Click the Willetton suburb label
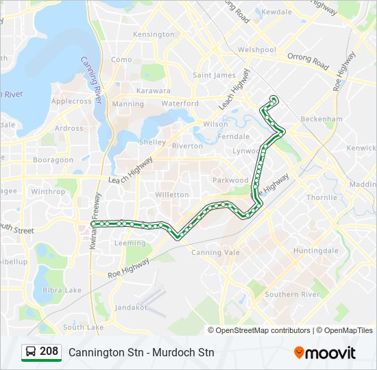pos(172,195)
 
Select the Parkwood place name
pos(231,180)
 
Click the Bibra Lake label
pos(62,291)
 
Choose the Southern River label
pos(293,295)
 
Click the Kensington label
pos(154,34)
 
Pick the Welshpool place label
pos(256,50)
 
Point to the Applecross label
pos(71,101)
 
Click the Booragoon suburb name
pos(53,160)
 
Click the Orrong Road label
pos(308,62)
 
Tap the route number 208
pos(49,351)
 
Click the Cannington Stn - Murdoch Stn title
pos(141,352)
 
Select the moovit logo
pos(325,352)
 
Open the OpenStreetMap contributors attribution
pos(263,330)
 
